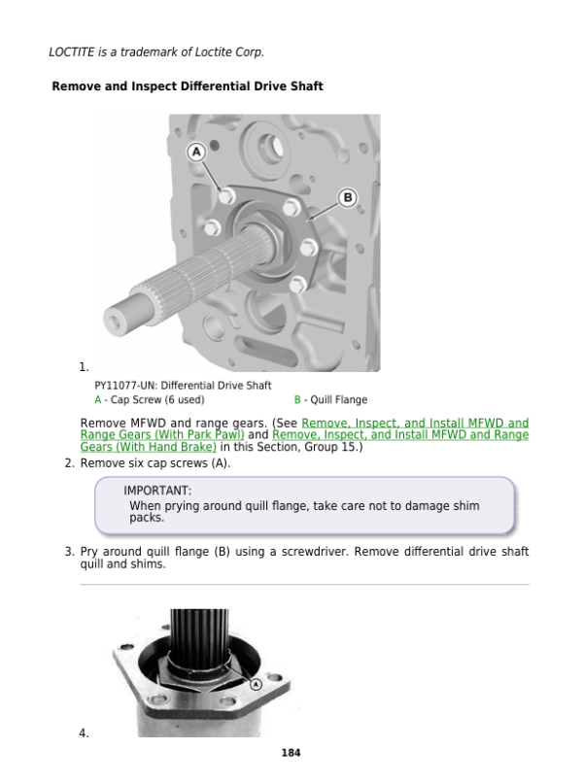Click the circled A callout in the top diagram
point(196,152)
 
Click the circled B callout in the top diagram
point(348,198)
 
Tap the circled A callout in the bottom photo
point(256,684)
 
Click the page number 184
point(291,753)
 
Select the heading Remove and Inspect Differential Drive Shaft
point(188,86)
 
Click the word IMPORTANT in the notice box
point(156,491)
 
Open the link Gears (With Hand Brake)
point(149,447)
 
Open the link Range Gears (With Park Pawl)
point(162,435)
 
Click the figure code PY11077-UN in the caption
point(126,386)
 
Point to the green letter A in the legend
point(98,400)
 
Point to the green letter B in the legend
point(297,400)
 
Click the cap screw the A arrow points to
point(227,196)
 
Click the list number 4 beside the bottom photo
point(84,733)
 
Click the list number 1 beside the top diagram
point(84,367)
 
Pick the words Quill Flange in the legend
point(339,400)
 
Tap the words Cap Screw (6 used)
point(157,400)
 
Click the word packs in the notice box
point(146,519)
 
